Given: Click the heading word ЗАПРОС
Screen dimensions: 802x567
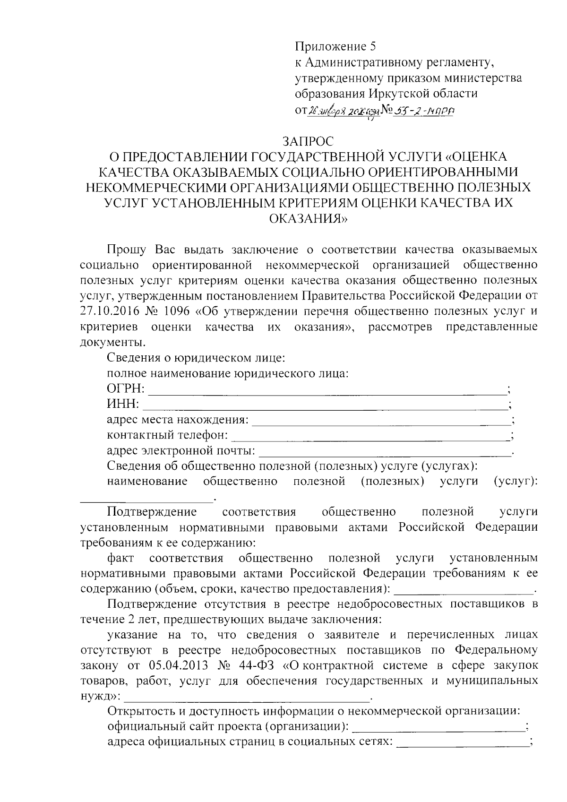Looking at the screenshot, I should click(x=308, y=141).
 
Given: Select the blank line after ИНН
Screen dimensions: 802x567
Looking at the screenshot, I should click(x=325, y=406).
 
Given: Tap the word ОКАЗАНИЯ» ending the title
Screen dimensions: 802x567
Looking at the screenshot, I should click(x=308, y=219).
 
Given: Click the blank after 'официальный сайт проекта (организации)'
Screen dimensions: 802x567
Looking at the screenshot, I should click(x=439, y=727).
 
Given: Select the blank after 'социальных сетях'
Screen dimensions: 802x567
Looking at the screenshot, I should click(x=463, y=742).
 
